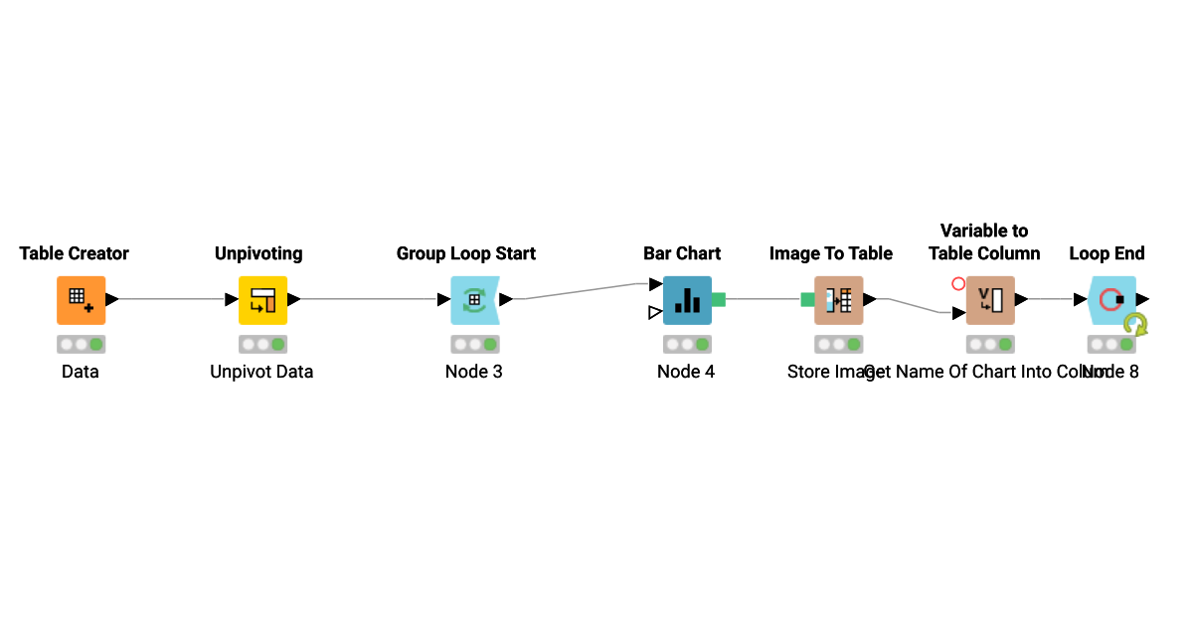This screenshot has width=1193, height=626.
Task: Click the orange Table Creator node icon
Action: pos(81,300)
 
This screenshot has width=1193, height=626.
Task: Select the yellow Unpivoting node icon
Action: pos(262,300)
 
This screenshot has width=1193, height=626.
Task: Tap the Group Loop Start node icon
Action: pos(474,300)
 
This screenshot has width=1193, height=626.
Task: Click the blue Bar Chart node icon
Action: pos(687,300)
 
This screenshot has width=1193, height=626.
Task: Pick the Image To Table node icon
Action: pos(838,300)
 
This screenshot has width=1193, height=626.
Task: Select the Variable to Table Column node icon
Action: pos(990,300)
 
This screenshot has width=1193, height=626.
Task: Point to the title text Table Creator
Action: pos(75,253)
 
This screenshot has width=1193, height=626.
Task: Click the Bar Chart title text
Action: pos(682,253)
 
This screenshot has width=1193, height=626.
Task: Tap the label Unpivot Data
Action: pos(261,372)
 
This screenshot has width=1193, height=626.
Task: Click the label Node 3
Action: pos(473,372)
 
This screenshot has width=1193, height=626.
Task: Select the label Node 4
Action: pos(686,372)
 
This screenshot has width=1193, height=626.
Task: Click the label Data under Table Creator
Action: pos(81,372)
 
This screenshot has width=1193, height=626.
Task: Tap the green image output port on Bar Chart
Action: pos(718,299)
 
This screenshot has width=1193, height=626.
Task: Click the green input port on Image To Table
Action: pos(807,299)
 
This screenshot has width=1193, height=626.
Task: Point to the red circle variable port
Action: pos(958,283)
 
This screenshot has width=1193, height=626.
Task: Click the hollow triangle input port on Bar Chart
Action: pos(654,313)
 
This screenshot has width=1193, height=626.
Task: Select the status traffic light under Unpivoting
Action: pos(262,345)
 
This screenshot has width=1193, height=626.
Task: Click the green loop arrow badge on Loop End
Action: pos(1135,324)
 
